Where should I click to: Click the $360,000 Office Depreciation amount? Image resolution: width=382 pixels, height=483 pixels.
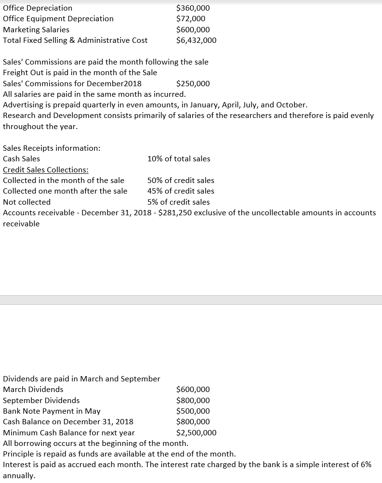pyautogui.click(x=193, y=8)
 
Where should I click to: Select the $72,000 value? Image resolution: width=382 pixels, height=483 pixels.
pyautogui.click(x=191, y=18)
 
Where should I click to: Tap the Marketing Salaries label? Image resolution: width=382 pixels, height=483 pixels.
pyautogui.click(x=36, y=29)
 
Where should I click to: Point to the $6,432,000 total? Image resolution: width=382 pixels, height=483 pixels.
pyautogui.click(x=196, y=40)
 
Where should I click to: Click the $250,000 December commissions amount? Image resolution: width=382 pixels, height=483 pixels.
pyautogui.click(x=193, y=83)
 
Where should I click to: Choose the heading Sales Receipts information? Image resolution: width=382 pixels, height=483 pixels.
pyautogui.click(x=52, y=148)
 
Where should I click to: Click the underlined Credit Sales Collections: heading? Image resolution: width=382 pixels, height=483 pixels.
pyautogui.click(x=46, y=170)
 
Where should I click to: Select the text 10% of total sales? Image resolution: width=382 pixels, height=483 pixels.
pyautogui.click(x=179, y=158)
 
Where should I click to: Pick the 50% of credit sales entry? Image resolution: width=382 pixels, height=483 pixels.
pyautogui.click(x=181, y=180)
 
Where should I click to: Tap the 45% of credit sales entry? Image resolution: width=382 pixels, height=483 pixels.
pyautogui.click(x=181, y=191)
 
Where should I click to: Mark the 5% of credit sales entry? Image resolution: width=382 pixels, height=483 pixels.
pyautogui.click(x=179, y=202)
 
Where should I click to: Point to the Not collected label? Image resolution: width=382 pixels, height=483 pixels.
pyautogui.click(x=26, y=202)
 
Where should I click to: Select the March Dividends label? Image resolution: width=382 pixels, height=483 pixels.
pyautogui.click(x=33, y=389)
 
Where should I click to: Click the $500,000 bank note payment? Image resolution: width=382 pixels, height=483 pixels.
pyautogui.click(x=193, y=411)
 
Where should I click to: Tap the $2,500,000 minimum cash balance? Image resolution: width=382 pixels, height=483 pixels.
pyautogui.click(x=196, y=432)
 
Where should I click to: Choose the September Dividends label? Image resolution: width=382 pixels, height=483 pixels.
pyautogui.click(x=41, y=400)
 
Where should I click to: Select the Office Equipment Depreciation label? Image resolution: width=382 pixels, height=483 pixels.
pyautogui.click(x=58, y=18)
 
